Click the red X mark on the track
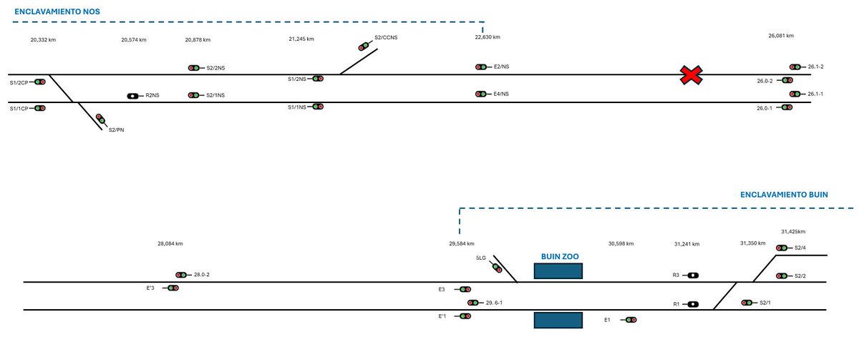(691, 75)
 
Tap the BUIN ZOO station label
(559, 256)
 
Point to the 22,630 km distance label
(487, 37)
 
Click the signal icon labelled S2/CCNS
(364, 47)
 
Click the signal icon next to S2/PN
(101, 120)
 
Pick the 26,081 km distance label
(781, 36)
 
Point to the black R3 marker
(693, 275)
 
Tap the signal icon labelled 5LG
(497, 268)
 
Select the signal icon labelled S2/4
(782, 248)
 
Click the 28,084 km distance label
(170, 243)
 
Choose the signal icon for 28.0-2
(181, 275)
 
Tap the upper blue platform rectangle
(558, 271)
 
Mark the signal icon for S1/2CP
(40, 82)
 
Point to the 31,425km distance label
(793, 232)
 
